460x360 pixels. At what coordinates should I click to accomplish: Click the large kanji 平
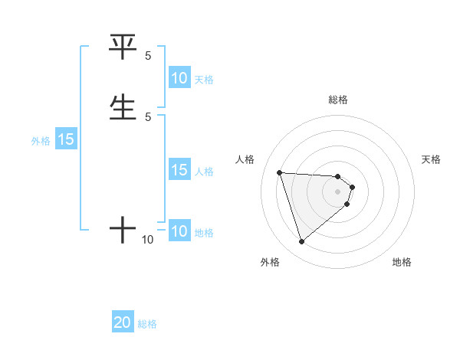tap(123, 48)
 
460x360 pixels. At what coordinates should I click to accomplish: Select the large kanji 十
tap(123, 229)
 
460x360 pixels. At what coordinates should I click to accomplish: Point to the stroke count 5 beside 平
tap(148, 56)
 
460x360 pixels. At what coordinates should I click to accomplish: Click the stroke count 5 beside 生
tap(148, 116)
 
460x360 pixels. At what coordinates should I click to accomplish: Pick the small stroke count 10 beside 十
tap(148, 240)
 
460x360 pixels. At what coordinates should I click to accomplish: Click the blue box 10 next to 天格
tap(179, 78)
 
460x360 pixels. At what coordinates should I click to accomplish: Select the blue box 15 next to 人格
tap(179, 170)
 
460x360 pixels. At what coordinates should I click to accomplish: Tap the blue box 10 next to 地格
tap(179, 231)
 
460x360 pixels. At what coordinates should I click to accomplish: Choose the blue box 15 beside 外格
tap(66, 139)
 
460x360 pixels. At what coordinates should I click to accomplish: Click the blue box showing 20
tap(123, 322)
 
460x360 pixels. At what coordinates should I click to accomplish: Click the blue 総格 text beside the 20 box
tap(147, 324)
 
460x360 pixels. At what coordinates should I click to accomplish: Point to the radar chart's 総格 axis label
tap(338, 100)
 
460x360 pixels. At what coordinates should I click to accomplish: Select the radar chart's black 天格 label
tap(432, 159)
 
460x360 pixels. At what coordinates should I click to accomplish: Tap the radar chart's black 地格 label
tap(402, 262)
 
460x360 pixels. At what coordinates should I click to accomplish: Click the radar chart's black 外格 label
tap(270, 262)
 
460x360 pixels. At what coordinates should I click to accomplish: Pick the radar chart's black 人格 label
tap(245, 159)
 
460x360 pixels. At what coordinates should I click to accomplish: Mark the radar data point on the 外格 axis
tap(301, 242)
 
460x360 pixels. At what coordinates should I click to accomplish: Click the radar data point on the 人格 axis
tap(279, 172)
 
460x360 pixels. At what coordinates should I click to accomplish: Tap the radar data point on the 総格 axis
tap(338, 176)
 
